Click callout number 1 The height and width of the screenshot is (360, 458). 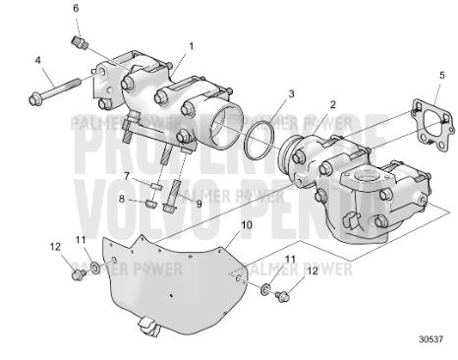(192, 45)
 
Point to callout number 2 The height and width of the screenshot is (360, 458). (333, 104)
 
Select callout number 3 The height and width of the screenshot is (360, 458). (291, 94)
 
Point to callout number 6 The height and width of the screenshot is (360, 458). (76, 8)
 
